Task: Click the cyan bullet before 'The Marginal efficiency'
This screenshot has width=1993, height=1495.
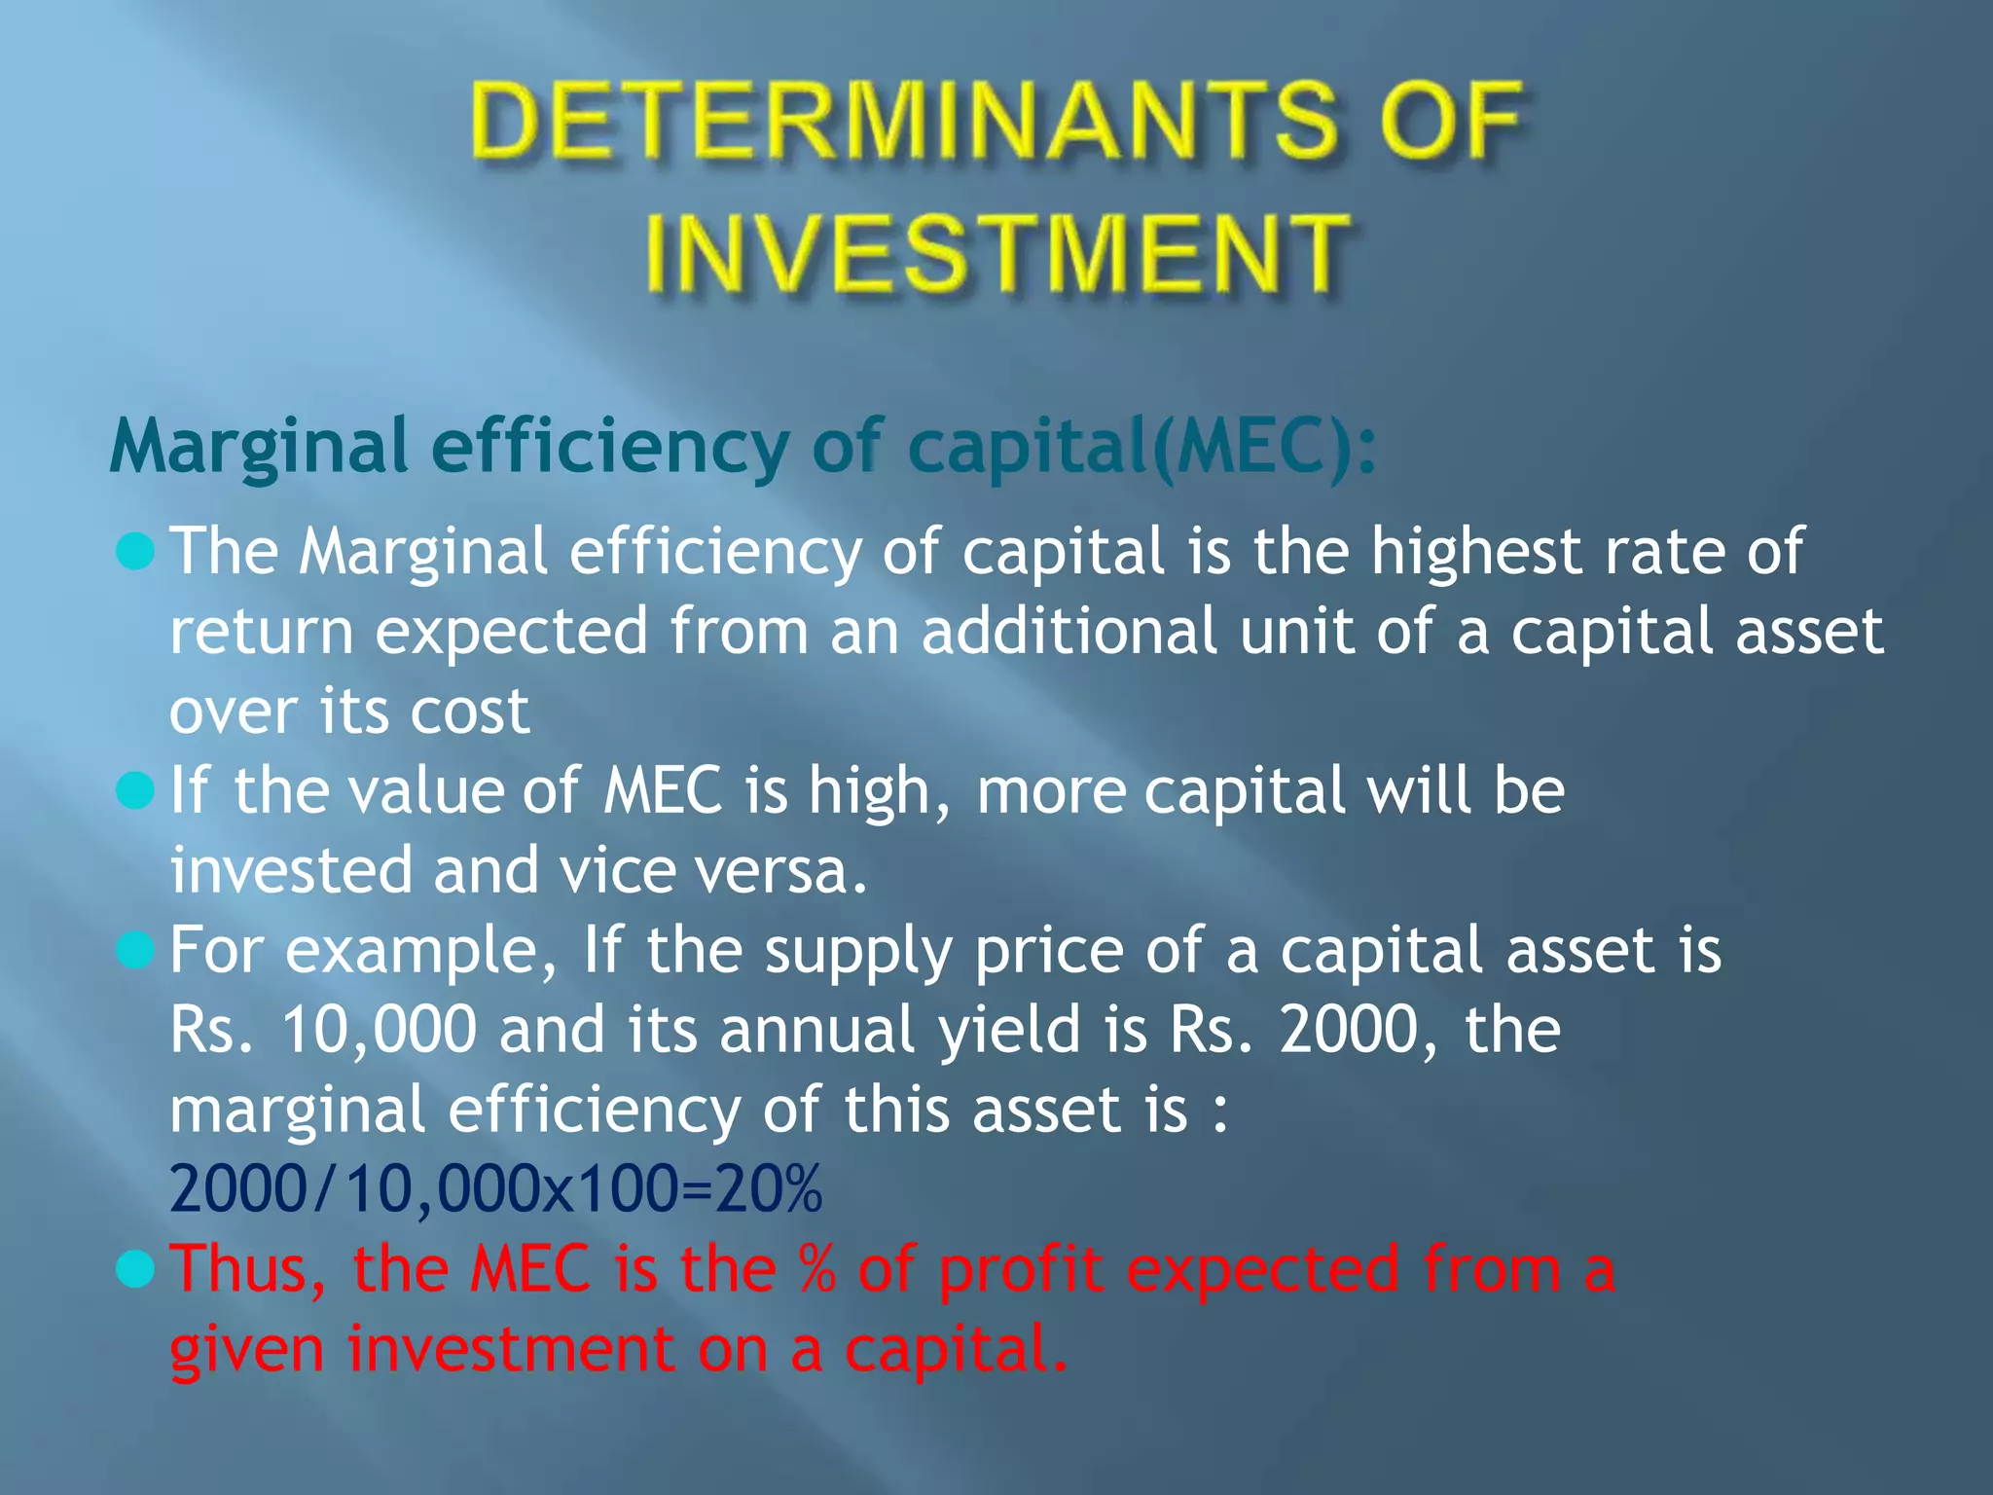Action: click(x=135, y=552)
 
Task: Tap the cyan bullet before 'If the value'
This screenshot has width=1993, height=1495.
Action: click(x=135, y=790)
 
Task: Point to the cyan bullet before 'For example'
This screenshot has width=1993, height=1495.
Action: click(x=135, y=950)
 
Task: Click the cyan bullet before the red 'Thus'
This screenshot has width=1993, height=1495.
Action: click(x=135, y=1268)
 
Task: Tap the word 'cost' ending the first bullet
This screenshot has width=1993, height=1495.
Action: click(x=470, y=711)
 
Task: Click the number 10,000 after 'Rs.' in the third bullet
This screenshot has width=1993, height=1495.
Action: click(x=380, y=1030)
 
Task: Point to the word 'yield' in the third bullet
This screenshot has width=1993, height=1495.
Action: click(x=1009, y=1030)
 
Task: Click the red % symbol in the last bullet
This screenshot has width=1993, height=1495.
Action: click(x=816, y=1268)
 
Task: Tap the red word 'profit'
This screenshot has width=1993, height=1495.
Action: click(x=1021, y=1268)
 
